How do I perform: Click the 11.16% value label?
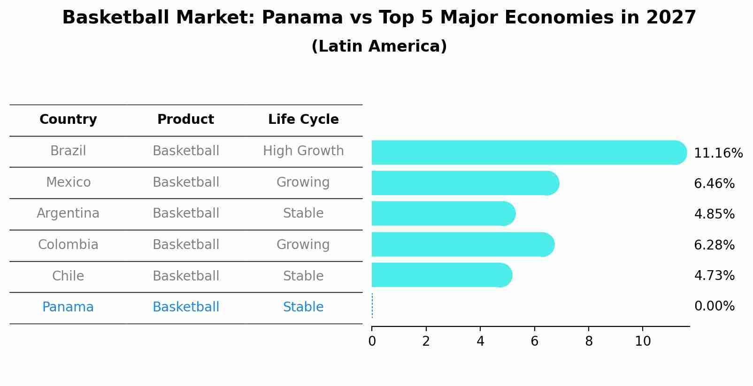click(718, 153)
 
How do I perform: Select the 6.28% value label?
click(714, 245)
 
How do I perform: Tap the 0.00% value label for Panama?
click(714, 306)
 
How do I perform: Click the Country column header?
click(68, 120)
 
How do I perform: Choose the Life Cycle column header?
click(303, 120)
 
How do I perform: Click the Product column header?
click(185, 120)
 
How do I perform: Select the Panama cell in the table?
click(68, 307)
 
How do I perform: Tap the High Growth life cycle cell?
click(303, 151)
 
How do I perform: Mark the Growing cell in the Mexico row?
click(303, 182)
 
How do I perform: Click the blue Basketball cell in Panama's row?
click(186, 307)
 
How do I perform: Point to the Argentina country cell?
click(68, 213)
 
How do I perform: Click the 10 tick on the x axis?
click(643, 341)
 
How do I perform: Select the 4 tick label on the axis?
click(480, 341)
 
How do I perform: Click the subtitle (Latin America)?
click(379, 46)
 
